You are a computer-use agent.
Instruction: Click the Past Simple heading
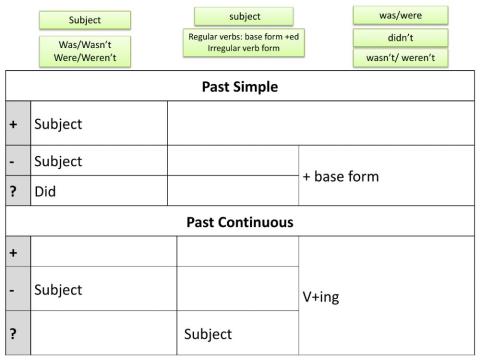coord(240,86)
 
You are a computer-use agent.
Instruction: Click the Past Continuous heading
coord(240,221)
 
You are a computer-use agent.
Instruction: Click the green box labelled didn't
coord(400,37)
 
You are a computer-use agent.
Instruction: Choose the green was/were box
coord(400,15)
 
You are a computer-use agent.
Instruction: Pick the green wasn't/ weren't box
coord(400,58)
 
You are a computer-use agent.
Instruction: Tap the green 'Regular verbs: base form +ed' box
coord(243,42)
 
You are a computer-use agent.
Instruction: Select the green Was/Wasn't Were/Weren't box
coord(85,52)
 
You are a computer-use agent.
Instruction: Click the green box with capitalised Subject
coord(85,19)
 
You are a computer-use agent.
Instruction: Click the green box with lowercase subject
coord(243,16)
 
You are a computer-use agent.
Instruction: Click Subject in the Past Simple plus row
coord(58,125)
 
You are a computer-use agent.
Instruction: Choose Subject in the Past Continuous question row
coord(208,334)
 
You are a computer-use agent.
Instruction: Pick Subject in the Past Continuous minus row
coord(58,290)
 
